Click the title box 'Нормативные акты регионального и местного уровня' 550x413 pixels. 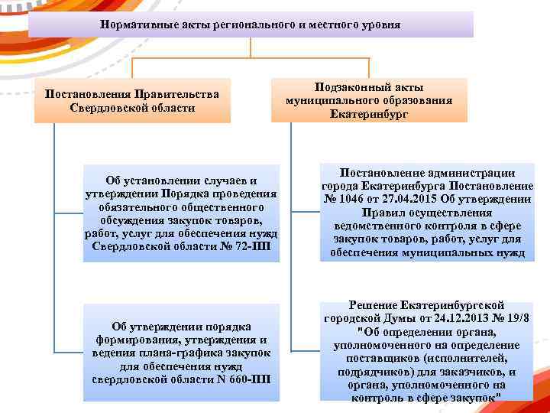[x=251, y=24]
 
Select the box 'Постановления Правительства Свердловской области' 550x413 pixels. [x=132, y=101]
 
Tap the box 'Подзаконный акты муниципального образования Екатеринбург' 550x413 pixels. [x=369, y=100]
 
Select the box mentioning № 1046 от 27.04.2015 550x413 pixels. [x=427, y=213]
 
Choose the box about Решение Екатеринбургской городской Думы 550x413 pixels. [x=427, y=350]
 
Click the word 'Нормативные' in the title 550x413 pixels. [x=131, y=24]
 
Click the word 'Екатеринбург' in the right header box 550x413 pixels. [x=369, y=114]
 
